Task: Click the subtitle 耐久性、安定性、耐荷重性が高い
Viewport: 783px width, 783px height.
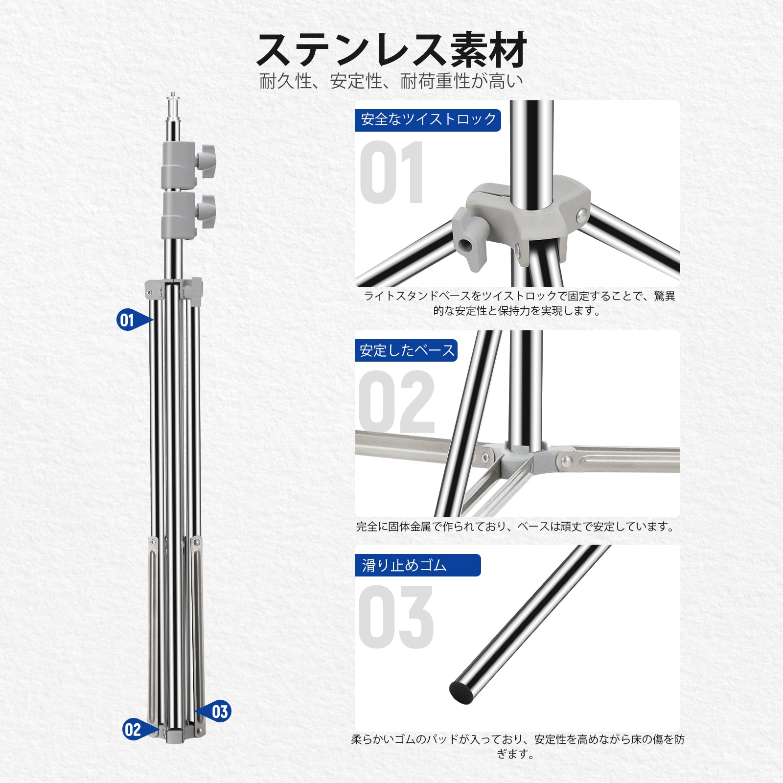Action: point(391,81)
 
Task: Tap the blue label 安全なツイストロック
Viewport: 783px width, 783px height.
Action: point(428,120)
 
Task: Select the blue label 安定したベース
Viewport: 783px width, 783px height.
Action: point(406,350)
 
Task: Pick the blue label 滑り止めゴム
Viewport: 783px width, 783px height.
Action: point(417,565)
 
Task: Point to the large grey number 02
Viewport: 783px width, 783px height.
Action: point(396,402)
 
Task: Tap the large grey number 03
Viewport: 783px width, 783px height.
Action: point(396,617)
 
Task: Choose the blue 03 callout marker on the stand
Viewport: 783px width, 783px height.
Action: point(214,712)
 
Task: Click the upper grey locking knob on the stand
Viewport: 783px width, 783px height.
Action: point(206,158)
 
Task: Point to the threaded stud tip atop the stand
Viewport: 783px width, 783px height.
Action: point(172,94)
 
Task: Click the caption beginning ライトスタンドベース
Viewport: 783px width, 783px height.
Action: point(519,303)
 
